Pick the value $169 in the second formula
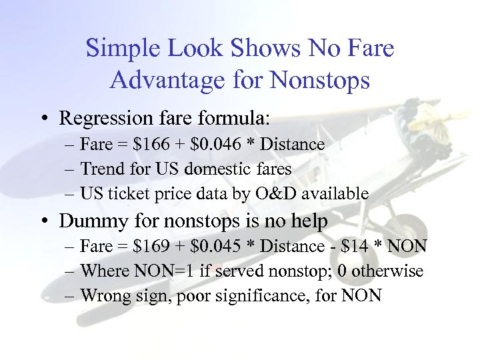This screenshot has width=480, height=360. coord(151,247)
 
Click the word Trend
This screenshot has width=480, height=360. coord(100,169)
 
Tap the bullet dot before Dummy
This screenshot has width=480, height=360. coord(42,221)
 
